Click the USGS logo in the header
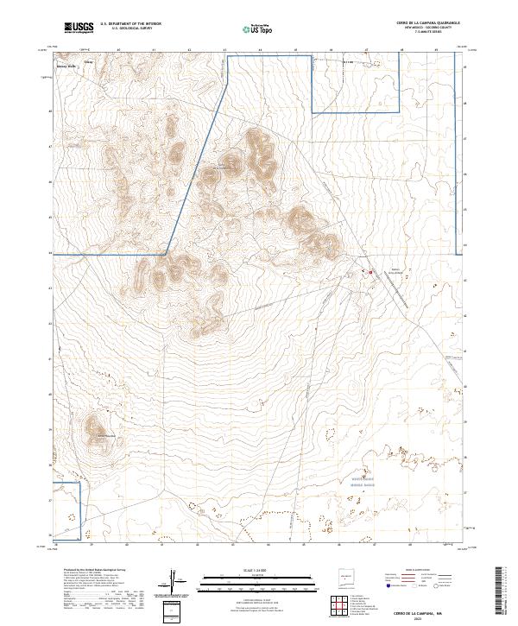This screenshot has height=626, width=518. (79, 28)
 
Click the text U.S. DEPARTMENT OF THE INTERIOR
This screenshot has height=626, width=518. (130, 24)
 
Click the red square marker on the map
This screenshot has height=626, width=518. (371, 273)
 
